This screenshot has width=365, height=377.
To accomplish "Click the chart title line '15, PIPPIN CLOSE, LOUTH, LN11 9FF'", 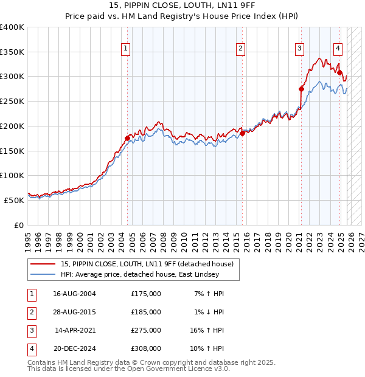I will [182, 6].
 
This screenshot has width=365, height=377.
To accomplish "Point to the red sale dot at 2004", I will [128, 138].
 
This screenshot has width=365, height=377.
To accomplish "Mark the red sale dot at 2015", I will [242, 133].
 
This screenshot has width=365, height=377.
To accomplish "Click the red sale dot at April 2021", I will [301, 89].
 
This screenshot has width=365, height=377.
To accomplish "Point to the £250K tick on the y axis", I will [12, 102].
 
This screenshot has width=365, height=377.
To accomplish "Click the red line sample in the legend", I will [43, 264].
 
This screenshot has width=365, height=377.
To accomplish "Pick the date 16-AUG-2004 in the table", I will [74, 294].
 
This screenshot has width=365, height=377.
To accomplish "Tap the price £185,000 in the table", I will [146, 312].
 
